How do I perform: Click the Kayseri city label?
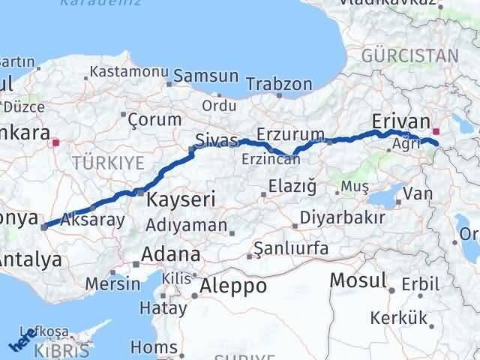pyautogui.click(x=181, y=200)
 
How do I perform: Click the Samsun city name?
pyautogui.click(x=205, y=76)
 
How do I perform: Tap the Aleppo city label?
pyautogui.click(x=233, y=286)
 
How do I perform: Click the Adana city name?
pyautogui.click(x=172, y=254)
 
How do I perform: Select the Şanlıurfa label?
pyautogui.click(x=283, y=247)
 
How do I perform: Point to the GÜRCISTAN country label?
pyautogui.click(x=409, y=55)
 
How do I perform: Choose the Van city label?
pyautogui.click(x=417, y=195)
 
